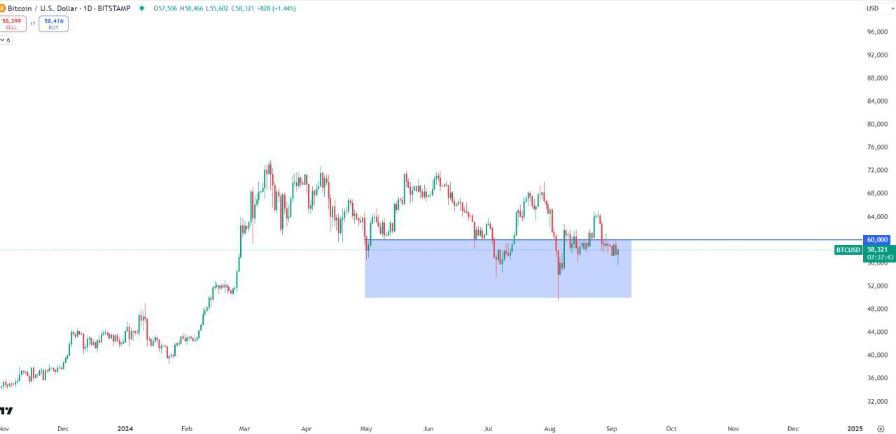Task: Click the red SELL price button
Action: click(11, 24)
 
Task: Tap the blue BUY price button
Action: click(54, 24)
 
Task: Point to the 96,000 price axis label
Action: click(878, 32)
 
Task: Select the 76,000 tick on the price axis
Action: click(878, 148)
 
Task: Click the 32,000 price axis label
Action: click(878, 401)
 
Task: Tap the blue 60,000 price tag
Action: click(877, 239)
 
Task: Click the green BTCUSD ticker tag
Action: click(848, 250)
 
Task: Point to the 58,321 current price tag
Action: click(877, 250)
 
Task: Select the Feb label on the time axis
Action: click(186, 428)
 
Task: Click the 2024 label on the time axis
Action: click(125, 428)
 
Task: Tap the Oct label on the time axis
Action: click(671, 428)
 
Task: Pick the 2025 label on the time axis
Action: click(855, 428)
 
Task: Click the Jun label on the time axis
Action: click(428, 428)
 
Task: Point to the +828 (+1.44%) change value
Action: click(276, 8)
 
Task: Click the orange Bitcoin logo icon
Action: click(2, 8)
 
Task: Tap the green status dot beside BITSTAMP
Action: click(142, 8)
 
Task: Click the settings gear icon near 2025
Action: click(881, 428)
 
